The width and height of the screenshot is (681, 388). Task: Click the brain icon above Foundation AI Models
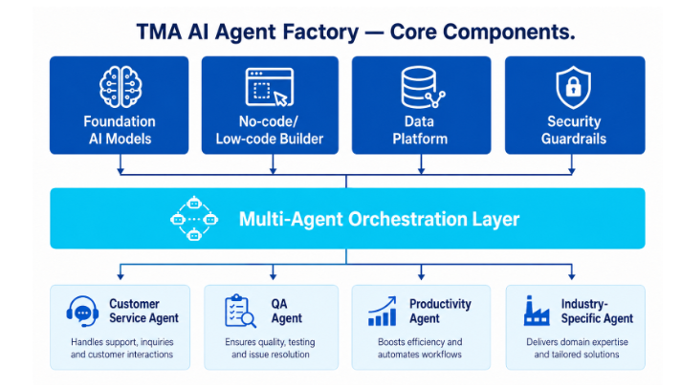point(121,87)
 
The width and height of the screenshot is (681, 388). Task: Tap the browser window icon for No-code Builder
point(270,87)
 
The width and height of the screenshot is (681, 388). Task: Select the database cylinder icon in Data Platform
point(422,87)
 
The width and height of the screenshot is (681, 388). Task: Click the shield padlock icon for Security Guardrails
point(573,87)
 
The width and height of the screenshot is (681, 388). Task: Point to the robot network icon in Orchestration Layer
point(194,219)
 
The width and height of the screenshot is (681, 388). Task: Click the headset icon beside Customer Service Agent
point(82,311)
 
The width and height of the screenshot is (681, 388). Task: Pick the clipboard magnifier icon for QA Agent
point(240,311)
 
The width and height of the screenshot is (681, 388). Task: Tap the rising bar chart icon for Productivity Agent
point(383,311)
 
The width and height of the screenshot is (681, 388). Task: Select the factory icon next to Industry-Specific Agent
point(537,311)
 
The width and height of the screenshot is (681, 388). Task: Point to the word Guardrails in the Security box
point(573,139)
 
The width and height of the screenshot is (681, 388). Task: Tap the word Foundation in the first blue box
point(120,121)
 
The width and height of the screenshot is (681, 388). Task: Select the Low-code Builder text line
point(270,139)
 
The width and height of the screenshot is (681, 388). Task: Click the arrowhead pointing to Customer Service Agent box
point(121,276)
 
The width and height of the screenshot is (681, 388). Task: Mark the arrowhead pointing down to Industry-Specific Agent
point(572,276)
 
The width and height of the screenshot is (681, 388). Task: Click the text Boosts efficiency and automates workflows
point(420,348)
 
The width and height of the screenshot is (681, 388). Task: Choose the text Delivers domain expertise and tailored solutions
point(577,348)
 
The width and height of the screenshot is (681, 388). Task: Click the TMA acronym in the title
point(160,32)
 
